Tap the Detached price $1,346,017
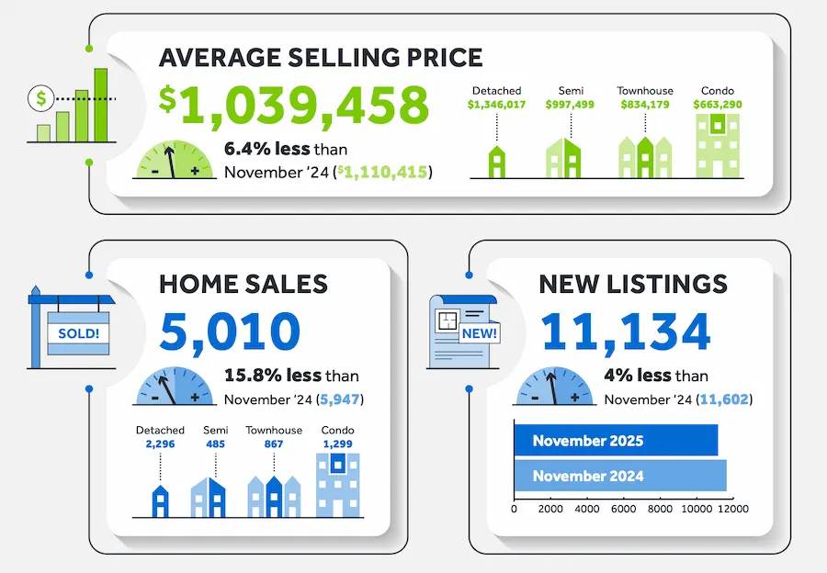496,105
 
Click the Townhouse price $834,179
644,105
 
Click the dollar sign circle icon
41,95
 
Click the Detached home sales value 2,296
160,444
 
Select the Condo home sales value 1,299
337,444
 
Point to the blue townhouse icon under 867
273,496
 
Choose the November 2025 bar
615,441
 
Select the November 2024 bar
619,476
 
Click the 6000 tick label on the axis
624,509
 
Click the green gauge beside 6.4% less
175,161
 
